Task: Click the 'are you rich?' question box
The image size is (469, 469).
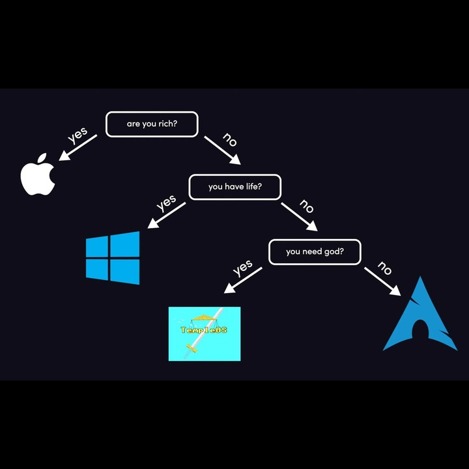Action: (x=152, y=124)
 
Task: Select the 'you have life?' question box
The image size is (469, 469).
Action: (x=234, y=187)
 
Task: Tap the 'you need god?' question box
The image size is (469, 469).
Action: (x=315, y=252)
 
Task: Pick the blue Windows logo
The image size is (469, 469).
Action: (x=113, y=258)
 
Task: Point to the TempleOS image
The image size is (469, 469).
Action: (x=205, y=334)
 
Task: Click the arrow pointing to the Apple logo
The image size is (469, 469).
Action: (x=78, y=148)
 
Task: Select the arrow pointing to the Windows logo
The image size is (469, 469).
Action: (x=167, y=216)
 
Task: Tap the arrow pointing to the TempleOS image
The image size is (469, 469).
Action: (x=243, y=280)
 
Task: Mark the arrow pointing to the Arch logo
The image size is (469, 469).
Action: (x=382, y=281)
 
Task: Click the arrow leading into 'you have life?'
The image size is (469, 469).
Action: (x=223, y=150)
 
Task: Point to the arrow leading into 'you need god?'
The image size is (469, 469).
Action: (x=300, y=217)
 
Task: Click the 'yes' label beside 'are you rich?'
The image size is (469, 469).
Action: (x=78, y=135)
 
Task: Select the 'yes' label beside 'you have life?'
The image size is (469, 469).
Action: (x=166, y=203)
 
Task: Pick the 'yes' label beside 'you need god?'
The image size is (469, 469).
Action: (x=242, y=267)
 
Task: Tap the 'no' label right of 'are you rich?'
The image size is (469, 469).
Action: (x=230, y=139)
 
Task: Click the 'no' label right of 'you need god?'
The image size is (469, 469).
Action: (x=385, y=268)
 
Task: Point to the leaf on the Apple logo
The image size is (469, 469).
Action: (x=42, y=158)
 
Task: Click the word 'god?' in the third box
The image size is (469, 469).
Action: (x=334, y=252)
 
